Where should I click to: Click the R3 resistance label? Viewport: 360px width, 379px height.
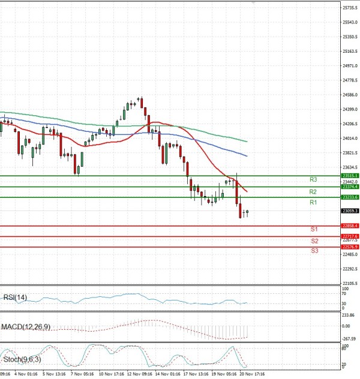click(313, 179)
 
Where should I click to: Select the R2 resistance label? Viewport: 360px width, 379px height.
click(313, 191)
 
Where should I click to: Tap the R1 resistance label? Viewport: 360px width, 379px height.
click(313, 203)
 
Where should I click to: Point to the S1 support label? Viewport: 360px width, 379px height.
click(314, 229)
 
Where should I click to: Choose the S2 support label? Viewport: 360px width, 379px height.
click(314, 240)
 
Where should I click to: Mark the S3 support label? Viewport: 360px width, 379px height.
click(314, 250)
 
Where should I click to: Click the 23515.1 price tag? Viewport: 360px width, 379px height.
click(349, 176)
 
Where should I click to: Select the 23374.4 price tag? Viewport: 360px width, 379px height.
click(349, 187)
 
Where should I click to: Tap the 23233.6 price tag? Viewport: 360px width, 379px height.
click(349, 197)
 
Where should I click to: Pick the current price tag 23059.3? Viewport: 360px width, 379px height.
click(349, 211)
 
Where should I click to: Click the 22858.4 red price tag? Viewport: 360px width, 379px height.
click(349, 225)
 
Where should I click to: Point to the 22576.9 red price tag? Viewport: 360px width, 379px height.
click(349, 247)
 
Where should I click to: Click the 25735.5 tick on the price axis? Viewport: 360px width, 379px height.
click(349, 8)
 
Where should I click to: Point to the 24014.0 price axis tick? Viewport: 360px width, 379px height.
click(349, 138)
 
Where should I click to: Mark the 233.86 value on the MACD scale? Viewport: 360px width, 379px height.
click(349, 315)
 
